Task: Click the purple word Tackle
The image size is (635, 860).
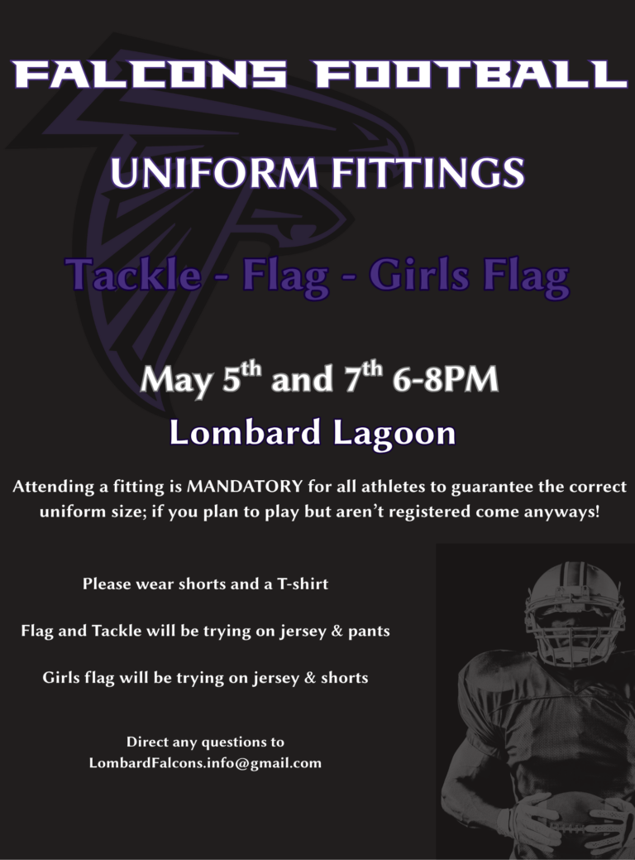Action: pos(134,275)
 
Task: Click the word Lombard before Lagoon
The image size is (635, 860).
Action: pos(246,433)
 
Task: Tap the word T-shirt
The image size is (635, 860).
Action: pos(297,584)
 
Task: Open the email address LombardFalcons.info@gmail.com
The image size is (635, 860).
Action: pos(205,763)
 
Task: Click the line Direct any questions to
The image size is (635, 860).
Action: pos(205,742)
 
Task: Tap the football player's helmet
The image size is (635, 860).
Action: pos(573,608)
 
